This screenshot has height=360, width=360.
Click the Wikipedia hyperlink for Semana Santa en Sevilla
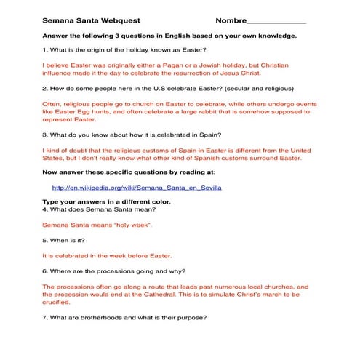coord(137,187)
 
